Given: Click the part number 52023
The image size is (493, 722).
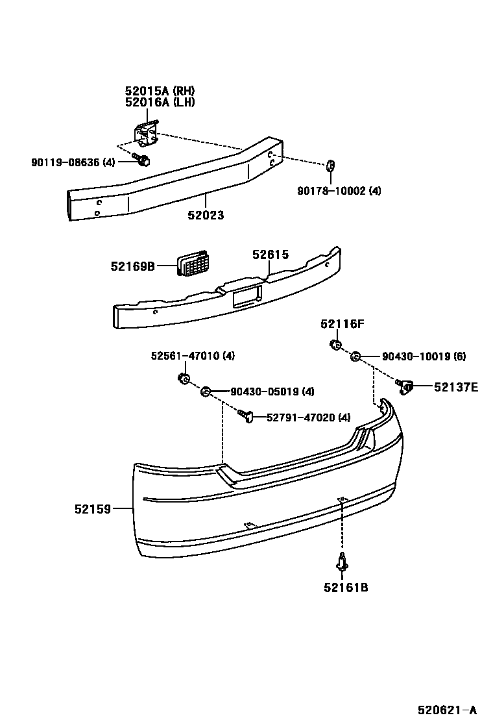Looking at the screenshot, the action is [206, 216].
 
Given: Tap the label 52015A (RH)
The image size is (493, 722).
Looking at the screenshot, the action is [160, 91].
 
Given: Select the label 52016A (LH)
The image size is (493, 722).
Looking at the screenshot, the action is [160, 102].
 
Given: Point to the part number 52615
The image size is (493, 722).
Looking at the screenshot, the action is [271, 256].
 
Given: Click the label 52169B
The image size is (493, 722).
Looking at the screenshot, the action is [132, 266].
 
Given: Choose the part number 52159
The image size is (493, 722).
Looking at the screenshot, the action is [92, 509].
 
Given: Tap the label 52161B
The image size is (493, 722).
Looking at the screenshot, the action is [346, 588].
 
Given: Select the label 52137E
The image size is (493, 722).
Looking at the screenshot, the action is [456, 388].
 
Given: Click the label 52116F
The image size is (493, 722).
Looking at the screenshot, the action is [342, 324].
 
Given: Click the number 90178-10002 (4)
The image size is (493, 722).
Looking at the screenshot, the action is [339, 191].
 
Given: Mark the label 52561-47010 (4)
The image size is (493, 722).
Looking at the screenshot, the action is [193, 356].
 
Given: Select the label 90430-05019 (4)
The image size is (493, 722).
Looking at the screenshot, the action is [272, 392].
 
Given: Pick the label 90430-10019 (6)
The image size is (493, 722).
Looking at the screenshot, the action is [424, 356].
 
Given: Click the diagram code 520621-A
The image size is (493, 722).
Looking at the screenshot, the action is [447, 709].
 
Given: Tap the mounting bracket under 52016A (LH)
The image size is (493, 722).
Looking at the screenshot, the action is [147, 133].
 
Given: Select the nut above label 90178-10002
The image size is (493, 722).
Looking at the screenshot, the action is [330, 166].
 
